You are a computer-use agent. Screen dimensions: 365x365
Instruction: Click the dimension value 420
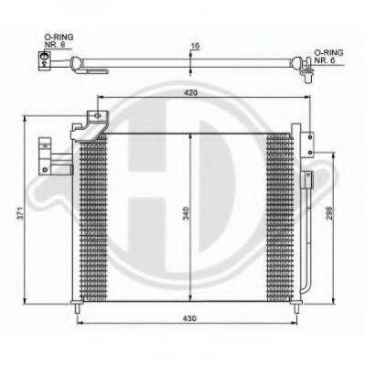coord(189,92)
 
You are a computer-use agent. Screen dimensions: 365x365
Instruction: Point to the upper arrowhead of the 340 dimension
coord(189,134)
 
